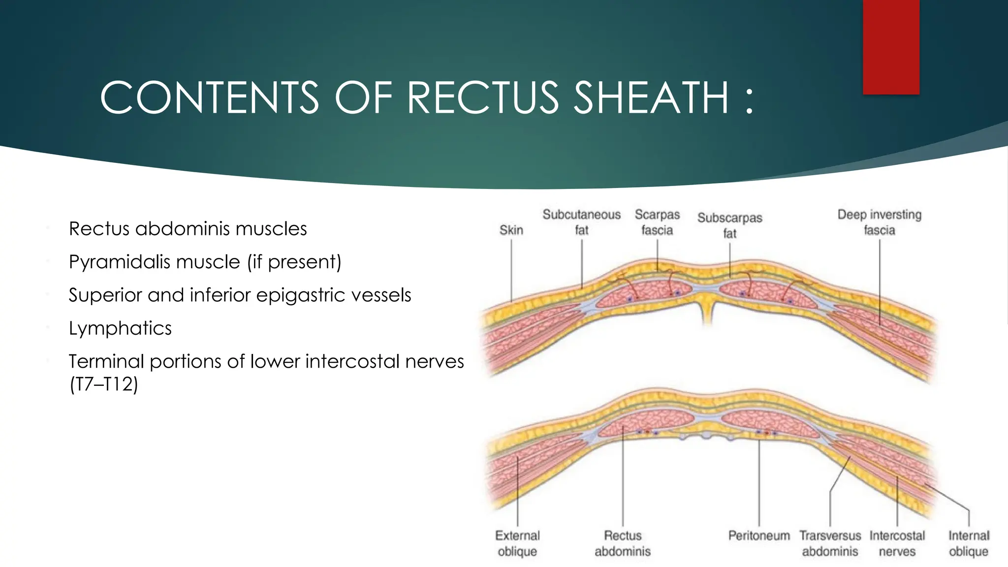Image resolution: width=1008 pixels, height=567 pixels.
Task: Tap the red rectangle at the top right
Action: tap(891, 47)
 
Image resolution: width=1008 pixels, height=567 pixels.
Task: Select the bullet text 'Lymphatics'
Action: tap(120, 328)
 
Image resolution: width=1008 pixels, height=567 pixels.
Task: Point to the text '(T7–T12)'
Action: tap(104, 384)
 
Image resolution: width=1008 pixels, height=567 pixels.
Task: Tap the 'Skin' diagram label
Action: tap(511, 230)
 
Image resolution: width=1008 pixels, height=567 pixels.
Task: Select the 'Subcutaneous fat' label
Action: tap(581, 222)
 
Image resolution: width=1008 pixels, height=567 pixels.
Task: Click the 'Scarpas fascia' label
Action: tap(657, 222)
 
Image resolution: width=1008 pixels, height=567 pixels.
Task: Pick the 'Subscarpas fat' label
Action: tap(729, 225)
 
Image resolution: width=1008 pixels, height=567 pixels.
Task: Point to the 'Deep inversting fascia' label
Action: tap(879, 222)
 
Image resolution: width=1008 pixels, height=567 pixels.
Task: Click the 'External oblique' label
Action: tap(517, 543)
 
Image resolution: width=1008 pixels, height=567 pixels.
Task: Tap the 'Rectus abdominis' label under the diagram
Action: tap(623, 543)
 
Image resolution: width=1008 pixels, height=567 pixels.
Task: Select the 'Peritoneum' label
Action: tap(758, 535)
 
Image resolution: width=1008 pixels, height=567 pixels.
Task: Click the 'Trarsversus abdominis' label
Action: tap(830, 543)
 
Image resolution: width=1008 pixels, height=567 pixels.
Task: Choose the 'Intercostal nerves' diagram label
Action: tap(897, 543)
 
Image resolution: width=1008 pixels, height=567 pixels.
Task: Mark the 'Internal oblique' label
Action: tap(969, 543)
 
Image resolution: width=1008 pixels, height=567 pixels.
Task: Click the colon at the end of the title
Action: tap(749, 101)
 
